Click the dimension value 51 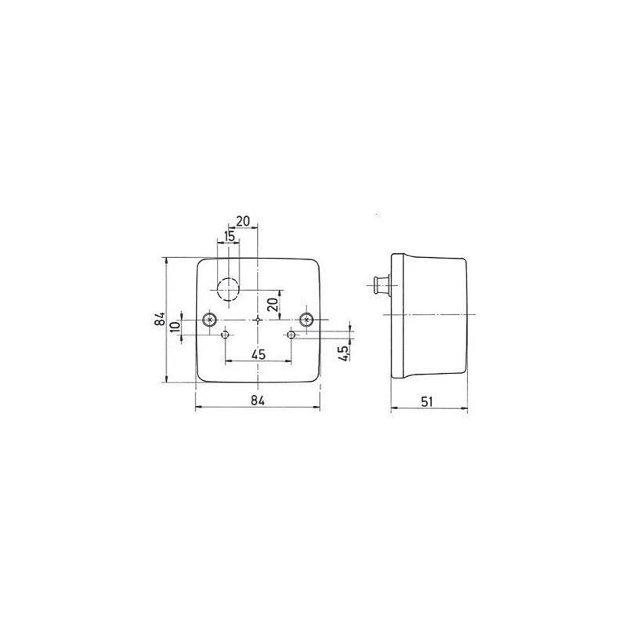(x=426, y=401)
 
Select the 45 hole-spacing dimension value (x=259, y=354)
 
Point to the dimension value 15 (x=229, y=237)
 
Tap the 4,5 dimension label (x=343, y=353)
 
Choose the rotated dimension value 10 (x=175, y=326)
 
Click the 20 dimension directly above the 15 (x=243, y=221)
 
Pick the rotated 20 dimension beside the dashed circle (x=272, y=304)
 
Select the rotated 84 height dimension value (x=160, y=319)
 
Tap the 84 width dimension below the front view (x=258, y=400)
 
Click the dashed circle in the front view (x=228, y=277)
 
